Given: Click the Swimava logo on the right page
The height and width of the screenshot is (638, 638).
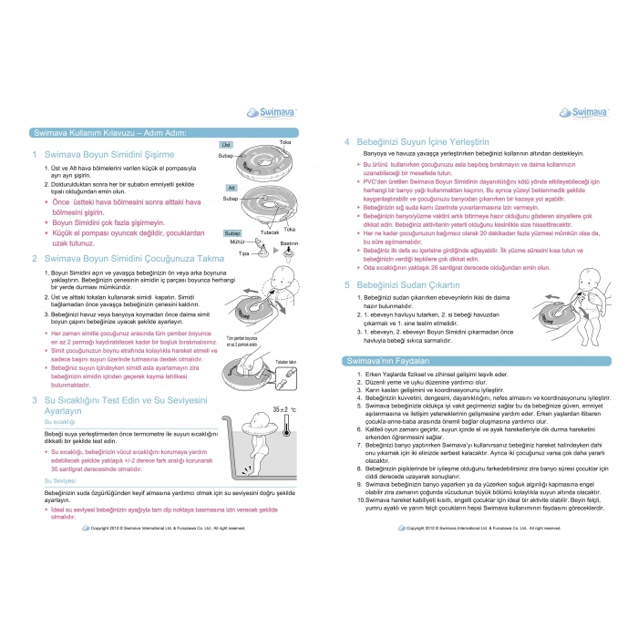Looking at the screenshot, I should pyautogui.click(x=576, y=112).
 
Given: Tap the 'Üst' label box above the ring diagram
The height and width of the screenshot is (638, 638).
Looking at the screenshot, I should pyautogui.click(x=226, y=145).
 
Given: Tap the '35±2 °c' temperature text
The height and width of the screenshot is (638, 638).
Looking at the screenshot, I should pyautogui.click(x=284, y=412).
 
